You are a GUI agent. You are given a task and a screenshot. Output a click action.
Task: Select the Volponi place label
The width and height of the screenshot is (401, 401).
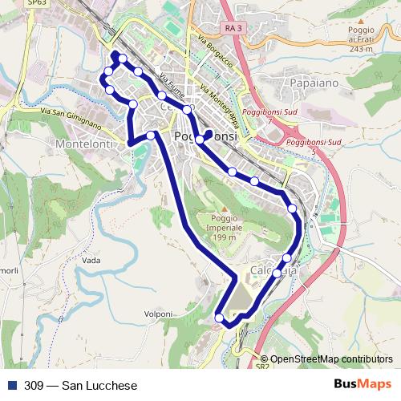pyautogui.click(x=158, y=313)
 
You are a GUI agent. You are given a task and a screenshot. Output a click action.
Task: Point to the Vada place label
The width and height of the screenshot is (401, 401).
pyautogui.click(x=91, y=261)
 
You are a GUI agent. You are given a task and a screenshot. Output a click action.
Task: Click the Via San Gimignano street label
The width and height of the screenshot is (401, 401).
pyautogui.click(x=71, y=118)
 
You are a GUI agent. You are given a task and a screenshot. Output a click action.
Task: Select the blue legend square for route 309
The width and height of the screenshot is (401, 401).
pyautogui.click(x=11, y=386)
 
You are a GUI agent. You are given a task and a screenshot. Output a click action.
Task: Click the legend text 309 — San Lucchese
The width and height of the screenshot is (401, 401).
pyautogui.click(x=70, y=386)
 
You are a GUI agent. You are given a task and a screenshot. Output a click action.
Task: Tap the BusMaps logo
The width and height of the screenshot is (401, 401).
pyautogui.click(x=363, y=385)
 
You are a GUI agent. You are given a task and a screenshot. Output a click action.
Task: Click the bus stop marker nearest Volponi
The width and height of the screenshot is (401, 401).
pyautogui.click(x=220, y=318)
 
